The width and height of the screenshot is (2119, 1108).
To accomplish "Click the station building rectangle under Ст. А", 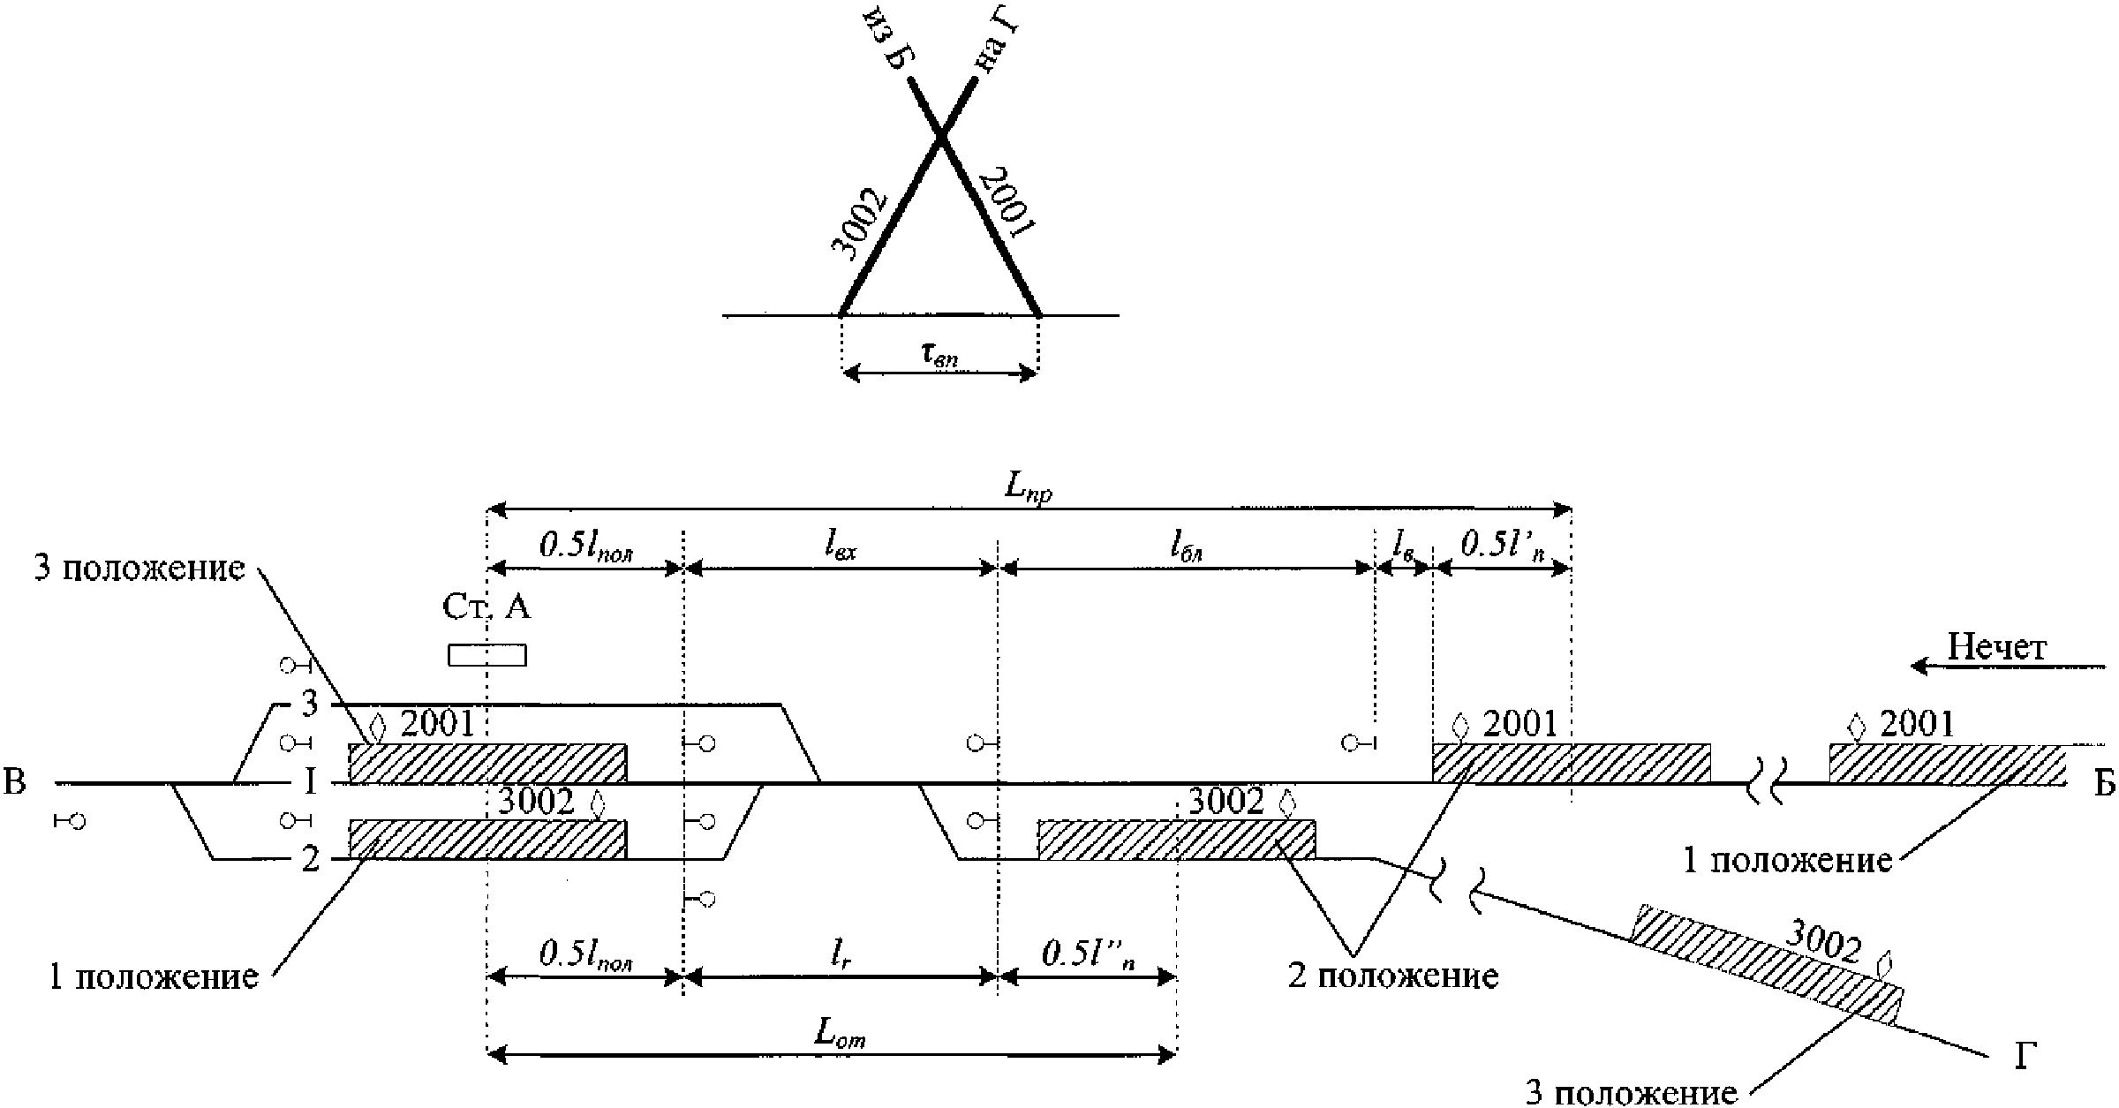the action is point(486,655).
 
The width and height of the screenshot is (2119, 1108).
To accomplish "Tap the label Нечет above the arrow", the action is point(1996,648).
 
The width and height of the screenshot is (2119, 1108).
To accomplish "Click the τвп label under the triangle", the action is point(939,355).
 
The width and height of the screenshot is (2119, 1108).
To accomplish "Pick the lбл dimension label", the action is point(1187,547).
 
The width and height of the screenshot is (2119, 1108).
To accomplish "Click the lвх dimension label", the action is point(841,547).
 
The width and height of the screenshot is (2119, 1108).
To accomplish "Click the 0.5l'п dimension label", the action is point(1502,545).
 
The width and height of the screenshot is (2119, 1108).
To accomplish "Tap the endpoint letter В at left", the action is point(15,782).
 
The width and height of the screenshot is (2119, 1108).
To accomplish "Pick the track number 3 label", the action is point(309,704).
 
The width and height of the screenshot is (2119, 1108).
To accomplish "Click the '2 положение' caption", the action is point(1394,976).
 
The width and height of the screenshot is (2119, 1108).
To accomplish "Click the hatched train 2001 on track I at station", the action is point(487,763).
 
